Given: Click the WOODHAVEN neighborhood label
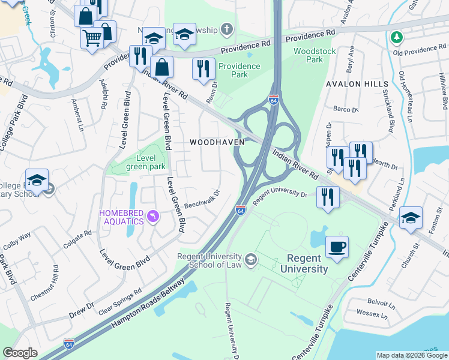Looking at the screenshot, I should click(x=217, y=142).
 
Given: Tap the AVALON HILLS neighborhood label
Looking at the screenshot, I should click(x=354, y=84).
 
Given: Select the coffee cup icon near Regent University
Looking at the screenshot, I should click(x=336, y=247).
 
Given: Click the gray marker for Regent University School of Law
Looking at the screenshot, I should click(x=251, y=259).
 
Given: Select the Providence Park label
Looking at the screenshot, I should click(x=240, y=70).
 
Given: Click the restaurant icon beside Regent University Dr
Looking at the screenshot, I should click(x=328, y=199).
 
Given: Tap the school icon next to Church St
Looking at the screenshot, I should click(x=411, y=218).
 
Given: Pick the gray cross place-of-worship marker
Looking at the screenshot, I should click(x=226, y=28).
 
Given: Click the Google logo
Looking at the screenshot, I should click(x=20, y=353).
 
